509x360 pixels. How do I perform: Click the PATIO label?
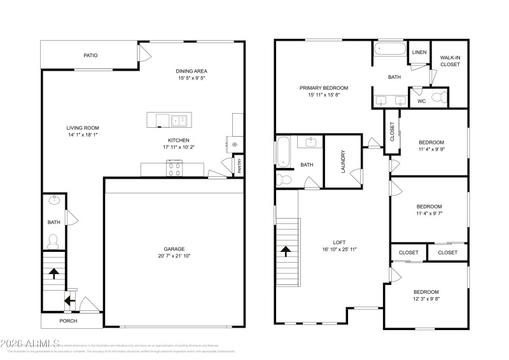click(90, 55)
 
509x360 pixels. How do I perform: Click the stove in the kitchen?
click(174, 168)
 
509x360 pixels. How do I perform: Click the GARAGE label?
click(173, 249)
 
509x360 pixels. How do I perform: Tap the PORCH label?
click(68, 320)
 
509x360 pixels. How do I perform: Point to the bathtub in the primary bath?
click(388, 49)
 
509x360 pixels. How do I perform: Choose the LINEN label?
click(419, 52)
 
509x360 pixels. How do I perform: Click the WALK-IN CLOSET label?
click(450, 61)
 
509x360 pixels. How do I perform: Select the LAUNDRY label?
click(343, 162)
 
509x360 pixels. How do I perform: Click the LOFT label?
click(339, 242)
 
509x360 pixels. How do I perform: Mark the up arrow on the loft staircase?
click(286, 251)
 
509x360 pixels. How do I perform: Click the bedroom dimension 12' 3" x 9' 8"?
click(427, 298)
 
